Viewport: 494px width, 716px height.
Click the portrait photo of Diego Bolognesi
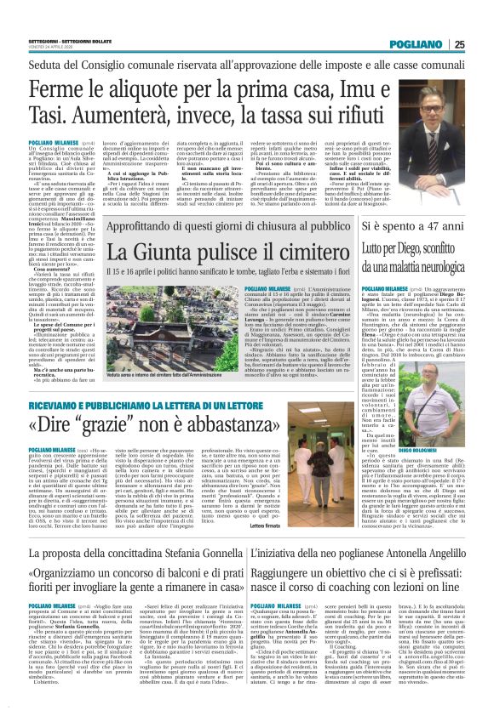click(440, 420)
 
